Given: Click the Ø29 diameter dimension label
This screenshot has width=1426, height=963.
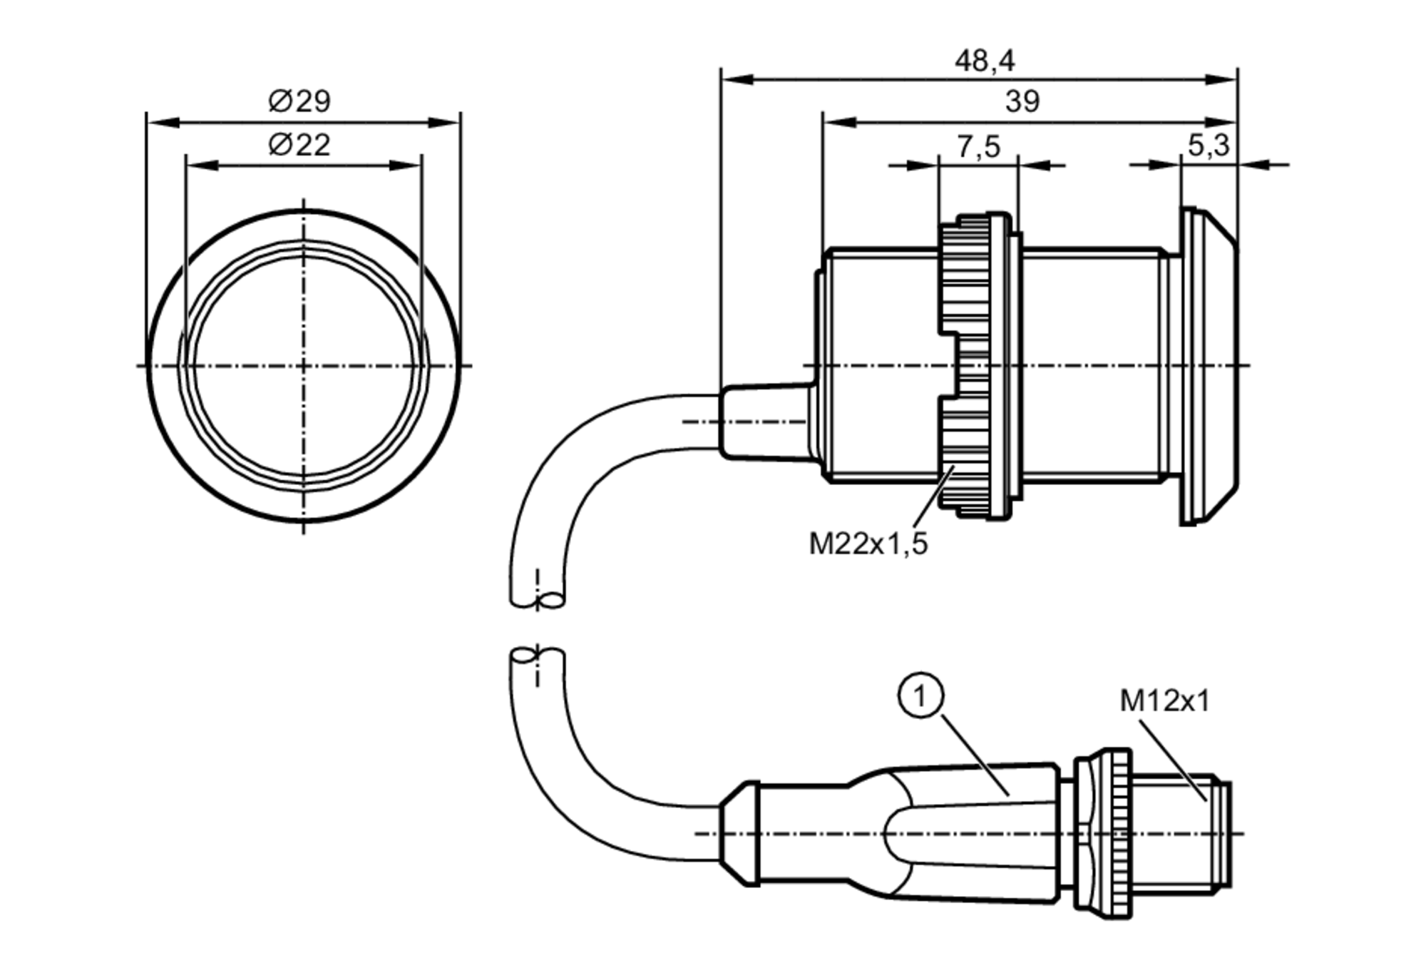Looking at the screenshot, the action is (x=299, y=101).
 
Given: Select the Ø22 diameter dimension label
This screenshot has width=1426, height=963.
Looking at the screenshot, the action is (x=299, y=146).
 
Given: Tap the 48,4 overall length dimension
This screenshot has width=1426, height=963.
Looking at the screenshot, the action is (x=984, y=61).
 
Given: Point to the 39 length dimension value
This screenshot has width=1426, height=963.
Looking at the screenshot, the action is (x=1022, y=102).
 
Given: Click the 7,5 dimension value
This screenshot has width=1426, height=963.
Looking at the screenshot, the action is (x=978, y=147).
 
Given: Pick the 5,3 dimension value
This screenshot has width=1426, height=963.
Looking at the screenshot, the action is (x=1209, y=145).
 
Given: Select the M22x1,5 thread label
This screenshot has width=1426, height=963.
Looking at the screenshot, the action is (x=868, y=544).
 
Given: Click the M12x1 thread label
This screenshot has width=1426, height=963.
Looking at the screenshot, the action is (x=1165, y=700).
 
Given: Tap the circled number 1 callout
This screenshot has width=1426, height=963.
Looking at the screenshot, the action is (x=920, y=695).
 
